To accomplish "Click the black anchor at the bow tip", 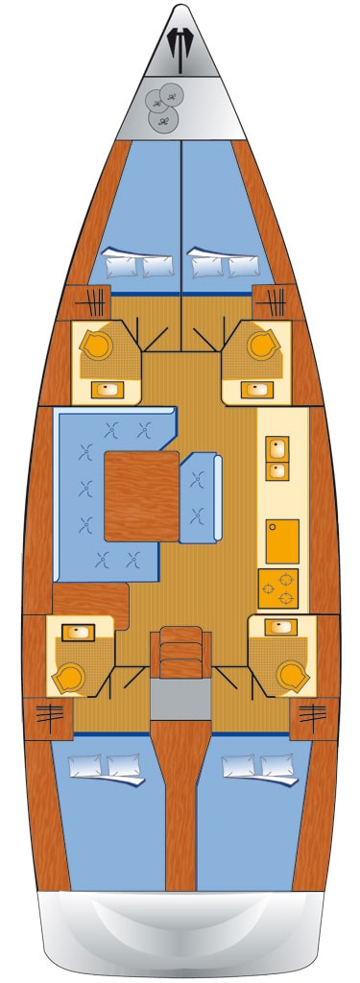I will pyautogui.click(x=179, y=44).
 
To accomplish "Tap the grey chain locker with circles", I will pyautogui.click(x=164, y=105).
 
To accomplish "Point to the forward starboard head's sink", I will pyautogui.click(x=254, y=389).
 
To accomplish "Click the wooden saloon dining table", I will pyautogui.click(x=141, y=497).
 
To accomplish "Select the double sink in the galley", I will pyautogui.click(x=277, y=458).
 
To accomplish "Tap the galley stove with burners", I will pyautogui.click(x=278, y=587).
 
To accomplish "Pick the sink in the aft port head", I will pyautogui.click(x=75, y=632).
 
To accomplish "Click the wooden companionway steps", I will pyautogui.click(x=180, y=653).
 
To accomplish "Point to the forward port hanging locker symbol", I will pyautogui.click(x=98, y=299).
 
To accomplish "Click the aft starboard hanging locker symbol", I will pyautogui.click(x=313, y=713).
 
